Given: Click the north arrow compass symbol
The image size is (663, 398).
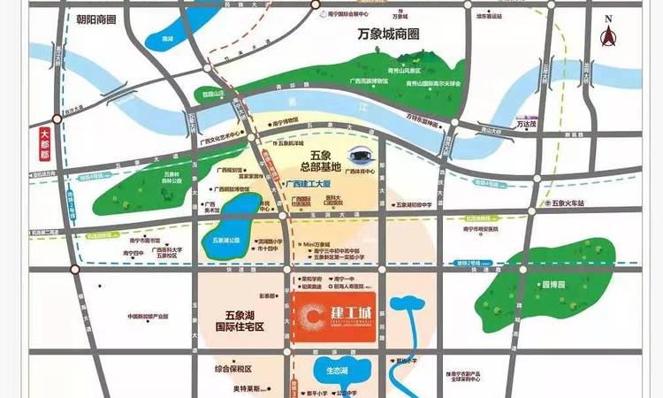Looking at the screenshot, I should pos(607,33).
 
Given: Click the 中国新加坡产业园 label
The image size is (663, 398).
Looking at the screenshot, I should pos(153,318).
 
